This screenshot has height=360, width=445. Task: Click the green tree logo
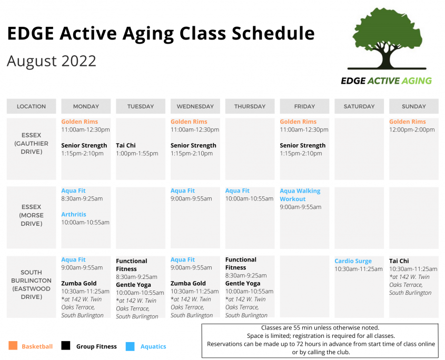[x=387, y=39]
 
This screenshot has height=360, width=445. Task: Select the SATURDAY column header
[x=359, y=106]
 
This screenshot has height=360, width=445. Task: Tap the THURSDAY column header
[x=250, y=106]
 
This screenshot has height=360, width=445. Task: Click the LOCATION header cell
[x=31, y=106]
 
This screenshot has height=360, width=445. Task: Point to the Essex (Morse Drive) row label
[x=31, y=215]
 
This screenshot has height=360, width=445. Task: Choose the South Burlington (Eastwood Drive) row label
[x=31, y=285]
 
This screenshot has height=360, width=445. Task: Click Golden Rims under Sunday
[x=407, y=122]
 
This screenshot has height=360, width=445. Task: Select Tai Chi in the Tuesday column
[x=126, y=146]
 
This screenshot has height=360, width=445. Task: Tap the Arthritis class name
[x=74, y=214]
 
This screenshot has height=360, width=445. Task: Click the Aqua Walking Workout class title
[x=300, y=195]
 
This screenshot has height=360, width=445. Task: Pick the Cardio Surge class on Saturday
[x=353, y=261]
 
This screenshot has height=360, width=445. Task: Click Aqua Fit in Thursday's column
[x=238, y=191]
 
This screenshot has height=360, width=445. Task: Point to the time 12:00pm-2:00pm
[x=412, y=129]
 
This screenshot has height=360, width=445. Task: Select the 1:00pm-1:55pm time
[x=137, y=154]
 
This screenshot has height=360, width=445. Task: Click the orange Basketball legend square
[x=13, y=346]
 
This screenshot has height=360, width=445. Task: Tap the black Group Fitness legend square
[x=65, y=346]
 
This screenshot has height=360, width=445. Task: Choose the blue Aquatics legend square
[x=130, y=346]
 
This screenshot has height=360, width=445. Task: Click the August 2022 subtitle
[x=52, y=61]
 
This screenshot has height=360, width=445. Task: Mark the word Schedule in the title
[x=273, y=34]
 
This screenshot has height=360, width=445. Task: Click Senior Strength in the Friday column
[x=302, y=146]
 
